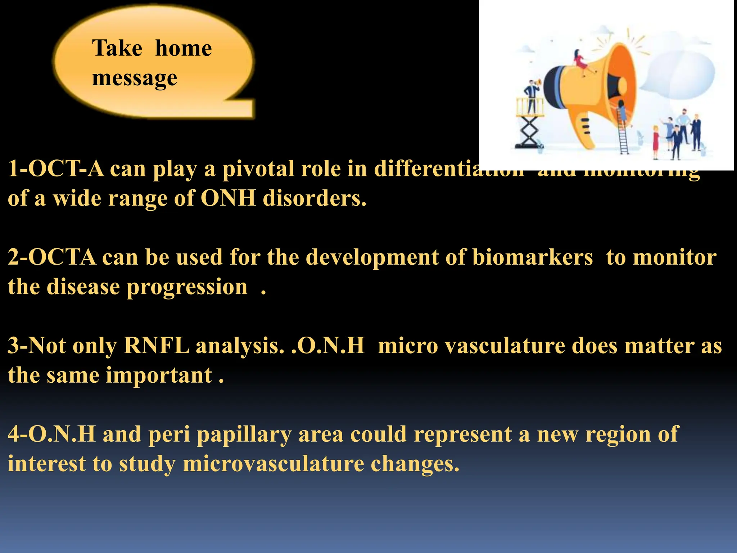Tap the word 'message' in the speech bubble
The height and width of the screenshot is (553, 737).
pyautogui.click(x=134, y=78)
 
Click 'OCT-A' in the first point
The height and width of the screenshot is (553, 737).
pyautogui.click(x=66, y=168)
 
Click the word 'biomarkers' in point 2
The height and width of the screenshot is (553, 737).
pyautogui.click(x=532, y=257)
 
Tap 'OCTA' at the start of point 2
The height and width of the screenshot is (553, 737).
pyautogui.click(x=62, y=257)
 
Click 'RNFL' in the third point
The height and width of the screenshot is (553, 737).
pyautogui.click(x=156, y=346)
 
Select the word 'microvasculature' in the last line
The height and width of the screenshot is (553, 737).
pyautogui.click(x=273, y=464)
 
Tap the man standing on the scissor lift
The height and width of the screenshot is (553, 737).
pyautogui.click(x=532, y=95)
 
